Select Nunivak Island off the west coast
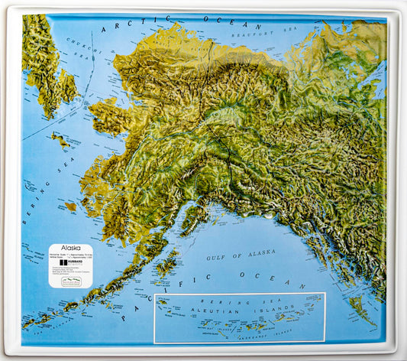(71, 207)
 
